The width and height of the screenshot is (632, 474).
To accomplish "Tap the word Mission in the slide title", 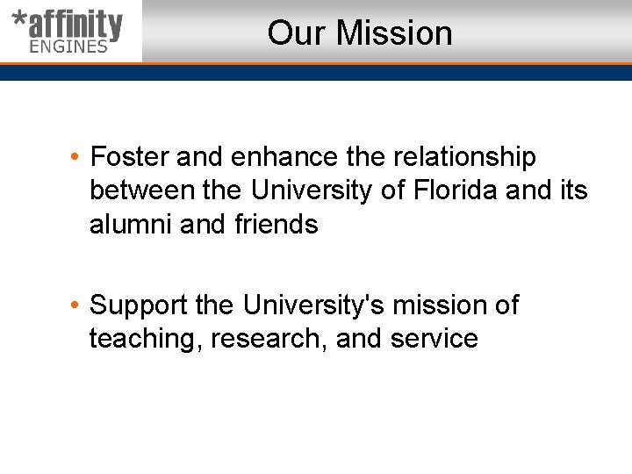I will click(x=394, y=33).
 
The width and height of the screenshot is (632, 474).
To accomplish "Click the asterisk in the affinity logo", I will click(x=19, y=20).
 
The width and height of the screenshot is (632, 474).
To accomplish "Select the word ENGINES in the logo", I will click(x=68, y=47).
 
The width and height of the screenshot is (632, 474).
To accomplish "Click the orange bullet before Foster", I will click(x=77, y=158).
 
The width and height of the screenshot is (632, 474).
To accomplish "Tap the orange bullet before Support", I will click(x=77, y=305).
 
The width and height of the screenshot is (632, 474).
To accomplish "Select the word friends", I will click(x=276, y=224).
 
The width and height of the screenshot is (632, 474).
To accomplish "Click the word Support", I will click(x=139, y=306).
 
